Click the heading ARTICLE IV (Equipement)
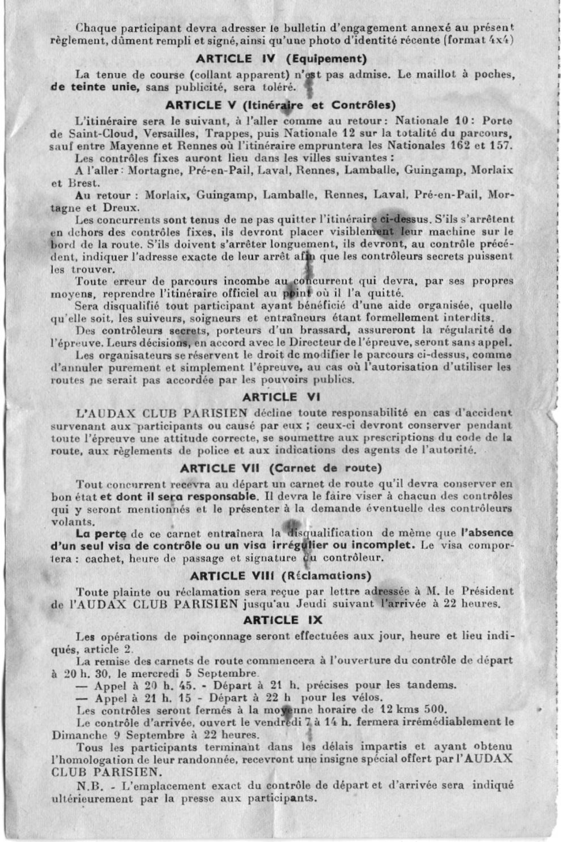[281, 58]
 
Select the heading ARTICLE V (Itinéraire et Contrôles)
[280, 105]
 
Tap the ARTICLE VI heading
[281, 397]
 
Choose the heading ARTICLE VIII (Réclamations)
[280, 576]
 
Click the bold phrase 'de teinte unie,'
[95, 87]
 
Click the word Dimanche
[79, 736]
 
